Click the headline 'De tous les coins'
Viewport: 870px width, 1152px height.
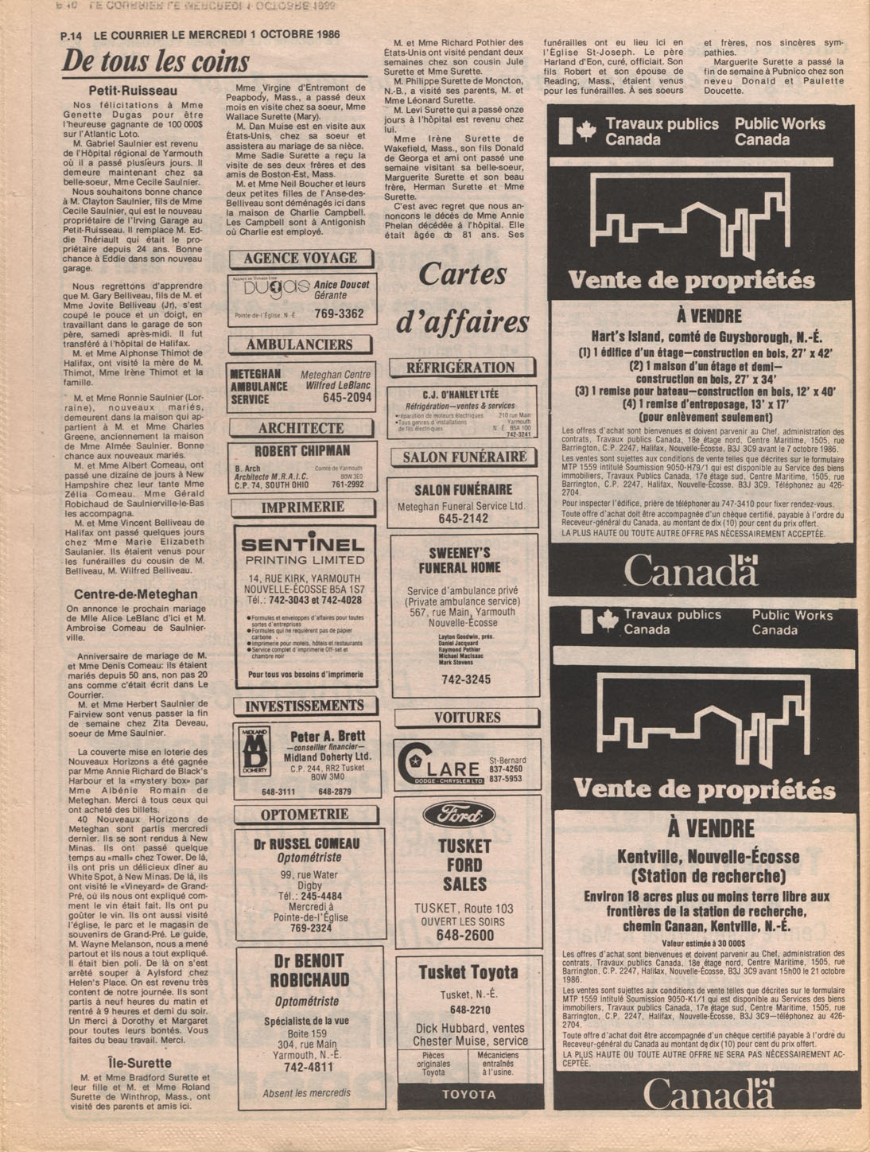[156, 62]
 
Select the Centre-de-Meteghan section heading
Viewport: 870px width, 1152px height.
[136, 594]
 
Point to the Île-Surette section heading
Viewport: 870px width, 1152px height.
[139, 1063]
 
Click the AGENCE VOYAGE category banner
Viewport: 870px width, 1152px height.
[301, 259]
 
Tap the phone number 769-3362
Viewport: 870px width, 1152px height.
[339, 314]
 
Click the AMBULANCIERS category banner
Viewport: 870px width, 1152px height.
[299, 344]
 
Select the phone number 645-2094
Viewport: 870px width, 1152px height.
[347, 397]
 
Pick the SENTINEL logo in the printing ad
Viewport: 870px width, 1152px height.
[302, 545]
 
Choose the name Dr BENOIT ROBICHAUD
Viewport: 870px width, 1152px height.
[309, 970]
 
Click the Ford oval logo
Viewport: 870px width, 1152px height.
[459, 815]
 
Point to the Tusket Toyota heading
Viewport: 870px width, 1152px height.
[468, 972]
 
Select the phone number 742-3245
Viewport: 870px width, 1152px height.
[466, 679]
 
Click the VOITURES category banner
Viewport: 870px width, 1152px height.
[468, 718]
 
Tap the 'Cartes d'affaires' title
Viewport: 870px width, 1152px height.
[463, 298]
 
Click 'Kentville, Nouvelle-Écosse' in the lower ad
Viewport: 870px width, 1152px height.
[709, 857]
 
